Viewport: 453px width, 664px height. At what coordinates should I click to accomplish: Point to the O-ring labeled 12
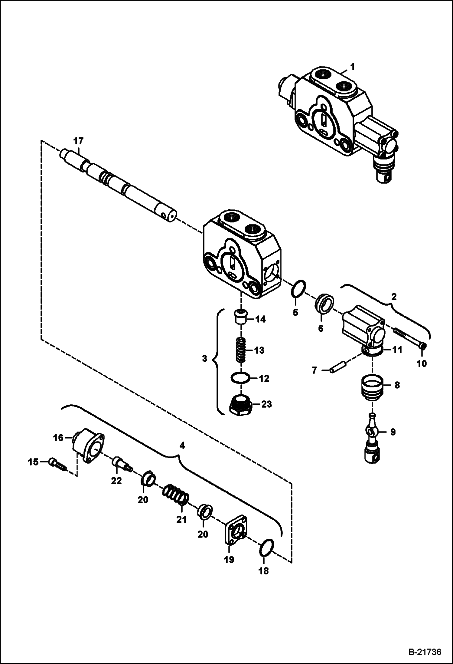[241, 378]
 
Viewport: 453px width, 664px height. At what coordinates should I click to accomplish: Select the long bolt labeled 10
[409, 338]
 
